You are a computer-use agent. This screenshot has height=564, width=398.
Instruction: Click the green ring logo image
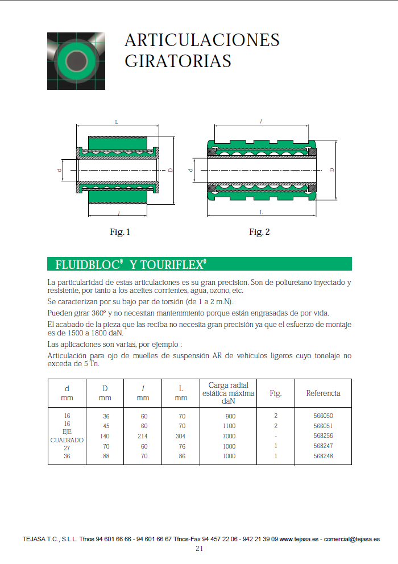(x=76, y=61)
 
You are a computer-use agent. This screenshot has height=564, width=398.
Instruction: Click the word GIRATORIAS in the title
(x=177, y=61)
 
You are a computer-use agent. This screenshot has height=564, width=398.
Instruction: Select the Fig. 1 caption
(x=120, y=232)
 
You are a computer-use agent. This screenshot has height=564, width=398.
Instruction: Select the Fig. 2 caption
(x=259, y=232)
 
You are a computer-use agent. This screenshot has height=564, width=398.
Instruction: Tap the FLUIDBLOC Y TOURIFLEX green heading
(x=131, y=264)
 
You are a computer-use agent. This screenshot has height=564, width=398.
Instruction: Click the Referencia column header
(x=323, y=393)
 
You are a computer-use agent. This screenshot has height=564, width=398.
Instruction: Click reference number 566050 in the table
(x=323, y=416)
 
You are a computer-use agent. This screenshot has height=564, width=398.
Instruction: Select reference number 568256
(x=323, y=436)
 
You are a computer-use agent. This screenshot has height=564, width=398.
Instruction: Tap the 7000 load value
(x=229, y=436)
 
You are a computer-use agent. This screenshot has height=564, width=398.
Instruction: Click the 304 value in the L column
(x=181, y=436)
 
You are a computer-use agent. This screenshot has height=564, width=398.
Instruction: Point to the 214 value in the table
(x=143, y=436)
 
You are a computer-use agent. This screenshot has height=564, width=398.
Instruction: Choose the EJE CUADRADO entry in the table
(x=67, y=436)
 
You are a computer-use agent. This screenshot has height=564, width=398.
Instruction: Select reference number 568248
(x=323, y=456)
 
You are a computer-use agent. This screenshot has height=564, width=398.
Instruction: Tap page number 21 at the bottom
(x=199, y=549)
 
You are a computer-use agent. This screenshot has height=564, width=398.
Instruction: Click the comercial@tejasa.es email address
(x=352, y=539)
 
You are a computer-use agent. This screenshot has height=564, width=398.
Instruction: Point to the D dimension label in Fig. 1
(x=170, y=169)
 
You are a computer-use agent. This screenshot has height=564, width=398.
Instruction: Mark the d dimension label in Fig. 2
(x=192, y=169)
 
